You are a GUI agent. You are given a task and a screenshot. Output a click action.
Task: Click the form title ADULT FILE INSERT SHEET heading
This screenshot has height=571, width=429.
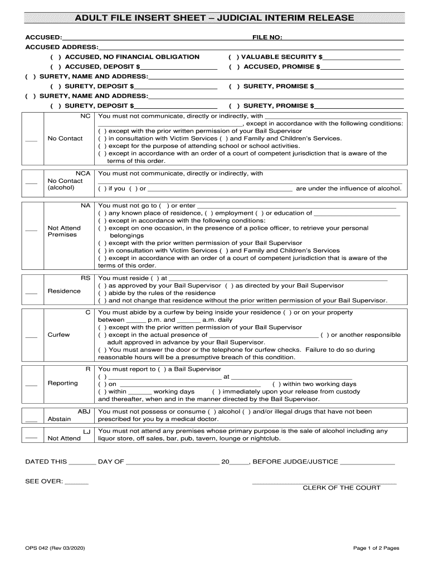tap(214, 18)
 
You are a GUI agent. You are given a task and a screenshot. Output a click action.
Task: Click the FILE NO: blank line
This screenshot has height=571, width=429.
tap(343, 39)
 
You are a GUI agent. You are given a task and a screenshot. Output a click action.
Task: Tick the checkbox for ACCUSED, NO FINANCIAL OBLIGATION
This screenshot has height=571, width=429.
tap(55, 57)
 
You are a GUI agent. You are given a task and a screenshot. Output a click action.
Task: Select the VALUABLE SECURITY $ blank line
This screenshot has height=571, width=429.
tap(362, 57)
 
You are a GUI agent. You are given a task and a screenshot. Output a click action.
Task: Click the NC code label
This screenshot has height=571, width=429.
tap(85, 116)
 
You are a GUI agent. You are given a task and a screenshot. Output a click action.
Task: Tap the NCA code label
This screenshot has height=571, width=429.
tap(82, 173)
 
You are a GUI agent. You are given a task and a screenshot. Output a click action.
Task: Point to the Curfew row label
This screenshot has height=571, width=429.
tap(59, 335)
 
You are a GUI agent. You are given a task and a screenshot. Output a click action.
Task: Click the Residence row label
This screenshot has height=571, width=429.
tap(64, 291)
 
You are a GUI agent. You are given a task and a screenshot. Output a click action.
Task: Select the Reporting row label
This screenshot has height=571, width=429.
tap(62, 383)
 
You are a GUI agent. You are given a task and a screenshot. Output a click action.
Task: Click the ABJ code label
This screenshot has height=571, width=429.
tap(84, 412)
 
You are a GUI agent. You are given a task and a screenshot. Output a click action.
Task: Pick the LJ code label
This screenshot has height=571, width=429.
tap(86, 432)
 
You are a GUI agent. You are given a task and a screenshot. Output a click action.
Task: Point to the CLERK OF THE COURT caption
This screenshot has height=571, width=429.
tap(341, 487)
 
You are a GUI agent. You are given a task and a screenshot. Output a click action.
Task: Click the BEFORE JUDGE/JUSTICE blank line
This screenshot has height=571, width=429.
tap(367, 463)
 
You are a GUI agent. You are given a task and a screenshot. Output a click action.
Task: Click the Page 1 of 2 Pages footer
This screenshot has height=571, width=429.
tap(376, 548)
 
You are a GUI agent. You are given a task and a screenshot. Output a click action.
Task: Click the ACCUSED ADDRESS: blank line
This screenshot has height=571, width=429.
tap(251, 48)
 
